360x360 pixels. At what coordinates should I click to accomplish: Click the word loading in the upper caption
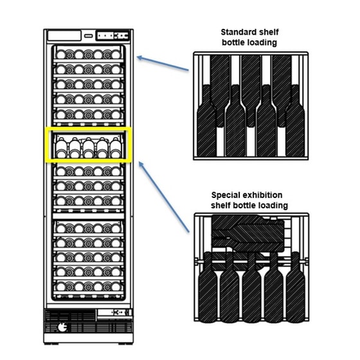[263, 42]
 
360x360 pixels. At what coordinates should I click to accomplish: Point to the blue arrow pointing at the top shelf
[163, 64]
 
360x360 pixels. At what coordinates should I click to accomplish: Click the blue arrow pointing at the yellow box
[164, 197]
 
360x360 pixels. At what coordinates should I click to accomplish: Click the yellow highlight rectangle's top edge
[88, 129]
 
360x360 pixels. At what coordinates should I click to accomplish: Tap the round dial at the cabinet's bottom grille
[62, 327]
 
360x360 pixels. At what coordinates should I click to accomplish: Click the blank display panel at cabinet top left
[64, 35]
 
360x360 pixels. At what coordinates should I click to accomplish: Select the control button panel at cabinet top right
[113, 35]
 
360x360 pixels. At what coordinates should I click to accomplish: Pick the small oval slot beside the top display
[89, 36]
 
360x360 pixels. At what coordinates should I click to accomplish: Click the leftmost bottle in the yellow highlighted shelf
[61, 148]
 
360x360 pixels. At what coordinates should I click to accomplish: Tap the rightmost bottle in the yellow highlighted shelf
[116, 148]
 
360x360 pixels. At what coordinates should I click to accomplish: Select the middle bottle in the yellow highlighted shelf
[88, 148]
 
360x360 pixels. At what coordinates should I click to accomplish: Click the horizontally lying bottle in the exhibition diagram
[248, 233]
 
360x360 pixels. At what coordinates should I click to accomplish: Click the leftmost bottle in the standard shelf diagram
[206, 121]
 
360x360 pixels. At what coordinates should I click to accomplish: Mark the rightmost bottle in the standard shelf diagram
[295, 121]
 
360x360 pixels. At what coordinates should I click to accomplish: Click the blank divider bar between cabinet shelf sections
[89, 216]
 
